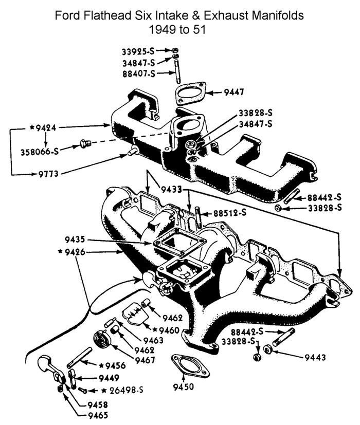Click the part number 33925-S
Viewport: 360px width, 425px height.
[x=138, y=51]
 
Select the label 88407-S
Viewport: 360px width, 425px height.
[x=138, y=73]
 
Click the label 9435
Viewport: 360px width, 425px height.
[x=76, y=239]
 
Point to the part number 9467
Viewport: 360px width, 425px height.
[x=145, y=359]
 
